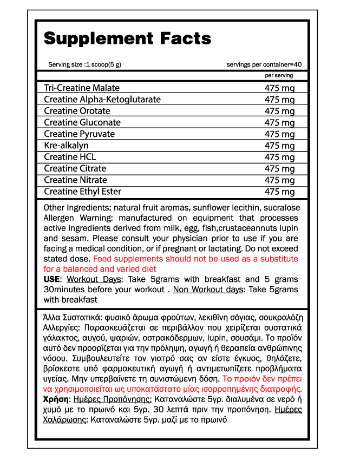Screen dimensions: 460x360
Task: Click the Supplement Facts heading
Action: (127, 39)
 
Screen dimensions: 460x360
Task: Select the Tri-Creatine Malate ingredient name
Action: (82, 88)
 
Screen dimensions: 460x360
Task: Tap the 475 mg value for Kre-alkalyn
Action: (279, 146)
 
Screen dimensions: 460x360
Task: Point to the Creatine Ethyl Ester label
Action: (82, 192)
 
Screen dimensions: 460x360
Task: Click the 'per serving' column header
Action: (279, 76)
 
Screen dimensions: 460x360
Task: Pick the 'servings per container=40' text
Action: (264, 64)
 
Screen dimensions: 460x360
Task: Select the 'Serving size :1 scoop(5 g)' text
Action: (84, 64)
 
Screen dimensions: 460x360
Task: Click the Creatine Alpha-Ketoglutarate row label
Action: (102, 100)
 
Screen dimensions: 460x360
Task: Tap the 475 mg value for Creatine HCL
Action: (279, 157)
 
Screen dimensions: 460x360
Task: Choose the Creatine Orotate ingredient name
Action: (77, 111)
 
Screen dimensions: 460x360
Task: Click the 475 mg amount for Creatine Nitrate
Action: (279, 180)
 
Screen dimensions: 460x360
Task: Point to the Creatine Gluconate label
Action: (82, 122)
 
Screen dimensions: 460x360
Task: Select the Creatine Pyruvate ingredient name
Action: (80, 134)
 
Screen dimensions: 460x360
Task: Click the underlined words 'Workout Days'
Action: (95, 279)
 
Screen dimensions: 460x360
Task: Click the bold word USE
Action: (52, 279)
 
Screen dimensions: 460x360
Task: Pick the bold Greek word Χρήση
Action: (55, 399)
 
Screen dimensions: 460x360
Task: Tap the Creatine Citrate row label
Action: (75, 169)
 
